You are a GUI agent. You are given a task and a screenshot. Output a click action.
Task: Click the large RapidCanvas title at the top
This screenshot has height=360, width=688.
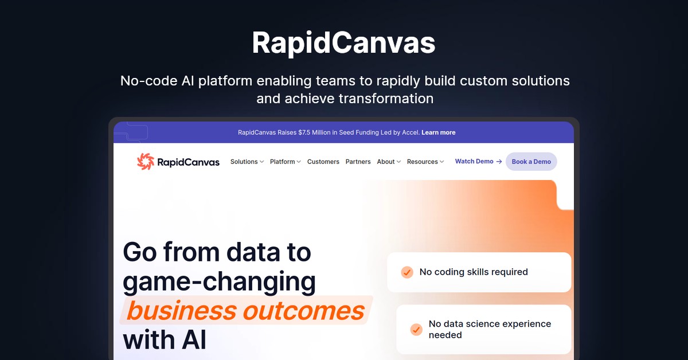(x=343, y=42)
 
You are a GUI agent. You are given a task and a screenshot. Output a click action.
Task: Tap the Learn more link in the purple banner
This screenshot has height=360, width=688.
(x=438, y=132)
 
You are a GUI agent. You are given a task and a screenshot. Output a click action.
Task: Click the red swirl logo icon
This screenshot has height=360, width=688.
(x=146, y=161)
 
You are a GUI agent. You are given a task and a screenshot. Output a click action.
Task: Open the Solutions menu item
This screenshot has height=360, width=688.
(x=244, y=162)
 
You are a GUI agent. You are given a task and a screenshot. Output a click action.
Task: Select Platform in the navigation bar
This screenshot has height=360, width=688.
(x=282, y=162)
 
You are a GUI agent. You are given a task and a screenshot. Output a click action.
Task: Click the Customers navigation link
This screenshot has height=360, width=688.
(x=323, y=162)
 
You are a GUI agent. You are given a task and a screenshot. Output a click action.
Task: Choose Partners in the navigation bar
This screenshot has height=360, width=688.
(x=358, y=162)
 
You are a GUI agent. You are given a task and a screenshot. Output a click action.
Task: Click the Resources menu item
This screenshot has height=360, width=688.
(x=423, y=162)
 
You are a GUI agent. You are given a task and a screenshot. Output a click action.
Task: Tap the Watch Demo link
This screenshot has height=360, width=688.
(x=474, y=161)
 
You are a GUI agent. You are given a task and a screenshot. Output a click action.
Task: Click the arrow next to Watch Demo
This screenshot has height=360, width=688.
(x=499, y=162)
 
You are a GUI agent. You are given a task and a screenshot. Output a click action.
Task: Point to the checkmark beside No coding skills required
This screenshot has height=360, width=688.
(x=407, y=272)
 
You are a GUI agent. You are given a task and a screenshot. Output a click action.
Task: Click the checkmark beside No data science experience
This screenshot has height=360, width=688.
(x=416, y=330)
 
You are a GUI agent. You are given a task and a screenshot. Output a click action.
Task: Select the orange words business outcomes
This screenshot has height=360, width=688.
(x=245, y=311)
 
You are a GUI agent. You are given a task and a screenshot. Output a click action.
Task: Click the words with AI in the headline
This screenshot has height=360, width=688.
(x=165, y=340)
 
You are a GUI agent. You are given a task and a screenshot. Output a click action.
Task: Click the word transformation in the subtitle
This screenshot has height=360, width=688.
(x=386, y=99)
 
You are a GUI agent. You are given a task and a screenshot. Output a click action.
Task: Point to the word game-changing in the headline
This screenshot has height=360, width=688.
(x=219, y=281)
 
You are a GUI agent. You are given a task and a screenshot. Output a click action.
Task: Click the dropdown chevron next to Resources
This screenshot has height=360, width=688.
(x=441, y=162)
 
